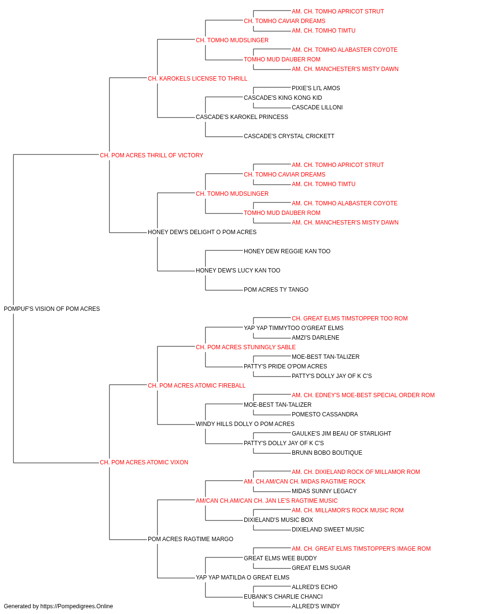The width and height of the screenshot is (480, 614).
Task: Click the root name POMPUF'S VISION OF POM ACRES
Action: click(52, 308)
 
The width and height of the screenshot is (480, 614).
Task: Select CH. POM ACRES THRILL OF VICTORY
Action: click(152, 155)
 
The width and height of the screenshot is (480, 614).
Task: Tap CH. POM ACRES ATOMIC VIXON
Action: click(144, 462)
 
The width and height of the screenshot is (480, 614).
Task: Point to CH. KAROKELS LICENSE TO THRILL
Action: click(198, 79)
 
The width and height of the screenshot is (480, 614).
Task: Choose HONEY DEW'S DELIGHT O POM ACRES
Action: click(202, 232)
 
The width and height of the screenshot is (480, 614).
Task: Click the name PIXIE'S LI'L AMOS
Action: click(316, 88)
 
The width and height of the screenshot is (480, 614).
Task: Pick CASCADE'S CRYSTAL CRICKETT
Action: click(289, 136)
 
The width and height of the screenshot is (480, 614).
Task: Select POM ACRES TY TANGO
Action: click(276, 289)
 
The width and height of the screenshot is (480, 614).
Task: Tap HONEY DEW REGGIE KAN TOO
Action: click(287, 251)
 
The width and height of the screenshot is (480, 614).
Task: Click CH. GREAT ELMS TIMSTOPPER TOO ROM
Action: click(350, 318)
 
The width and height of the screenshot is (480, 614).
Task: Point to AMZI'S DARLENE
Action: click(315, 337)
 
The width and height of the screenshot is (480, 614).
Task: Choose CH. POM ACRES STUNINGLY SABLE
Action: click(246, 347)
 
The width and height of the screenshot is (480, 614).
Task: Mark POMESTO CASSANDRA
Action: click(325, 414)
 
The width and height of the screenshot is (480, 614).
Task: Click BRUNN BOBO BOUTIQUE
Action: click(327, 452)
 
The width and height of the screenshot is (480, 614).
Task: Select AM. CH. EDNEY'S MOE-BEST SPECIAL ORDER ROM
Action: click(363, 395)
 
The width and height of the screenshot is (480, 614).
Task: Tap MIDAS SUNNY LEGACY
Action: click(324, 491)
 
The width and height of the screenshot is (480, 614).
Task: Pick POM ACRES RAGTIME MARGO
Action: click(191, 539)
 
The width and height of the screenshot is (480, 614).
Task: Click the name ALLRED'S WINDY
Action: click(316, 606)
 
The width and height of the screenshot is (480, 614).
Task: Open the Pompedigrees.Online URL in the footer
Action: click(77, 606)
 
